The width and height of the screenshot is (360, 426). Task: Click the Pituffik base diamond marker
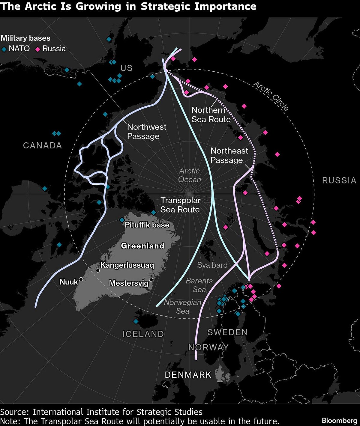point(122,220)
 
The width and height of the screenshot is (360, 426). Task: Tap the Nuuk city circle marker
point(81,279)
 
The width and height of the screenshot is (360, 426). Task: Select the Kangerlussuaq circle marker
point(97,270)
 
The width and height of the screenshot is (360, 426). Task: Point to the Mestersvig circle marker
point(151,280)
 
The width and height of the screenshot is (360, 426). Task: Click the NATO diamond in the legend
point(4,49)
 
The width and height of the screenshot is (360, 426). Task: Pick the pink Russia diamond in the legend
point(38,49)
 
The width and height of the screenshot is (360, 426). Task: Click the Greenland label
point(142,246)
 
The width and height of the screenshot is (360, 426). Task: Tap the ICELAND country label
point(143,334)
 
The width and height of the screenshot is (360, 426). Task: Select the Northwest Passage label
point(146,132)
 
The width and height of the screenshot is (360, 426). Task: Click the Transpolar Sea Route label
point(180,205)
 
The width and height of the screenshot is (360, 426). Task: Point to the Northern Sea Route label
point(211,115)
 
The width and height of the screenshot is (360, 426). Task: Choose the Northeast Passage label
point(229,155)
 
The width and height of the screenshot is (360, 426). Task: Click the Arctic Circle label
point(271,96)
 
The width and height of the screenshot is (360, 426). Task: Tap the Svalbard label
point(212,265)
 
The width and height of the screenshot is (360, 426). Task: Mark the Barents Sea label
point(199,285)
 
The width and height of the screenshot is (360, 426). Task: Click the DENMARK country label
point(188,375)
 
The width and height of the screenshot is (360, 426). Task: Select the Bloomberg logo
point(339,420)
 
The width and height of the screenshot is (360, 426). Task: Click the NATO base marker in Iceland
point(136,321)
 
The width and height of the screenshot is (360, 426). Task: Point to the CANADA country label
point(43,145)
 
